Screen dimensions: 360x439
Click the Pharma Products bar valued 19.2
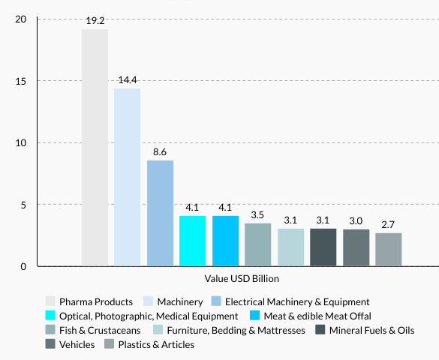pos(95,148)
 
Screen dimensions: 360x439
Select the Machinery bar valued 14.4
pos(127,177)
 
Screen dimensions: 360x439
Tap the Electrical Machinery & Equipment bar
pos(160,213)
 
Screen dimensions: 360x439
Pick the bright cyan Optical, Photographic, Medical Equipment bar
pos(193,241)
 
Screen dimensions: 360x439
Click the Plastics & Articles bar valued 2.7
pos(389,250)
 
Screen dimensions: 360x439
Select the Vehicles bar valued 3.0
pos(356,247)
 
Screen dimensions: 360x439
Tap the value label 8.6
pos(160,152)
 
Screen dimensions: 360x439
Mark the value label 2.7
pos(389,225)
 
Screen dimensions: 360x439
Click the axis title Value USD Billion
pos(242,279)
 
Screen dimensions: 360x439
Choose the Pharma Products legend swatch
pos(50,301)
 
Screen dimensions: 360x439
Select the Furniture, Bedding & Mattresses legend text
pos(236,330)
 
